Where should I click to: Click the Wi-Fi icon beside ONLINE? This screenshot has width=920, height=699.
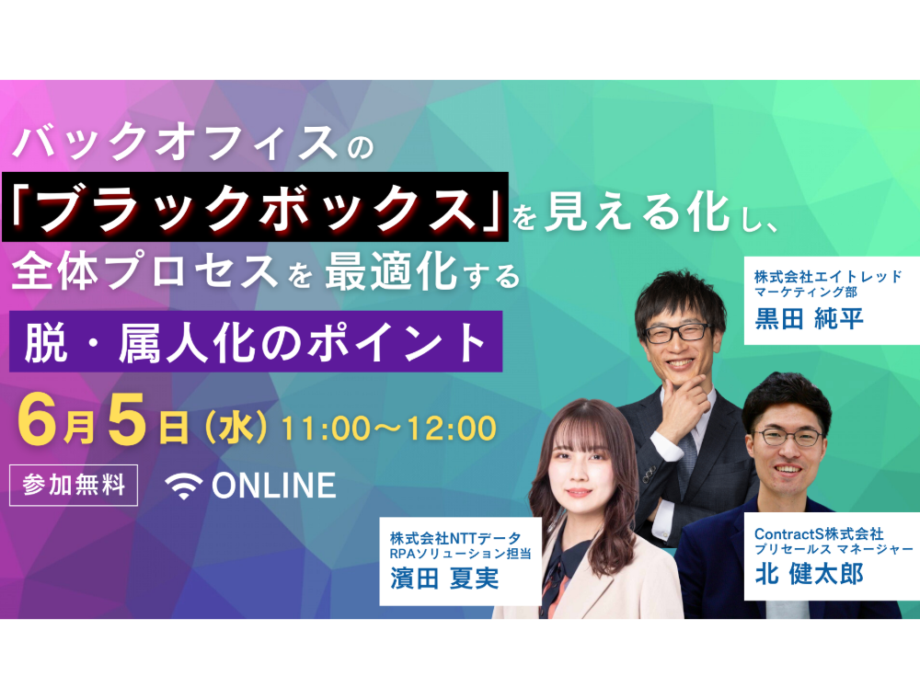184,487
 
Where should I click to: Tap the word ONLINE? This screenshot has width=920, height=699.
274,486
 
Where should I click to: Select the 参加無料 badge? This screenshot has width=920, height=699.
74,485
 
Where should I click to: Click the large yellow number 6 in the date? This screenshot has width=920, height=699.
40,419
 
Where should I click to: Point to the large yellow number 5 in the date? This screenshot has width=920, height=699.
126,419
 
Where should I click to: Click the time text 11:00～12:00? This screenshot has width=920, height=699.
389,428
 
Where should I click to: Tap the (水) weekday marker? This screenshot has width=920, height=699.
236,428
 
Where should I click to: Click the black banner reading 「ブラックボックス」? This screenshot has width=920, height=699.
255,207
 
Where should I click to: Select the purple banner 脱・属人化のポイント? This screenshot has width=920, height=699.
256,341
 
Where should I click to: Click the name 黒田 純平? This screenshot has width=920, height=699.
809,319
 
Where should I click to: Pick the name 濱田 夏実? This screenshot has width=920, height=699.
444,579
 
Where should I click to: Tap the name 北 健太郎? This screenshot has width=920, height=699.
809,574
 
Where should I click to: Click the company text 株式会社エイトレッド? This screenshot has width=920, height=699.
828,276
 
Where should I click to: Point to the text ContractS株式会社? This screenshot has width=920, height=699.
819,533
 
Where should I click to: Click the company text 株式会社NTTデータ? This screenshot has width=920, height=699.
455,538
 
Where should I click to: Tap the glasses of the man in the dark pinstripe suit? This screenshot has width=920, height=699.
678,333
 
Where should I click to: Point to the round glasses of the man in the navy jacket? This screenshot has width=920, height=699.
788,437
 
